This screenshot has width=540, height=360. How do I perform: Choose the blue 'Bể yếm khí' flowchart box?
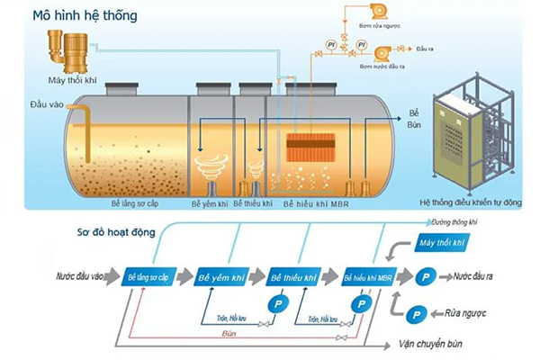[x=221, y=277]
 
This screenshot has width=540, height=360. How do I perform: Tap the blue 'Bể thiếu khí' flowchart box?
[x=294, y=277]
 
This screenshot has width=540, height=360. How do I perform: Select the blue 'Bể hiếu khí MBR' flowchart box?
[x=369, y=277]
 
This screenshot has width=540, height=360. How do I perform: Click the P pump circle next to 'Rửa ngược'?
[x=417, y=314]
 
